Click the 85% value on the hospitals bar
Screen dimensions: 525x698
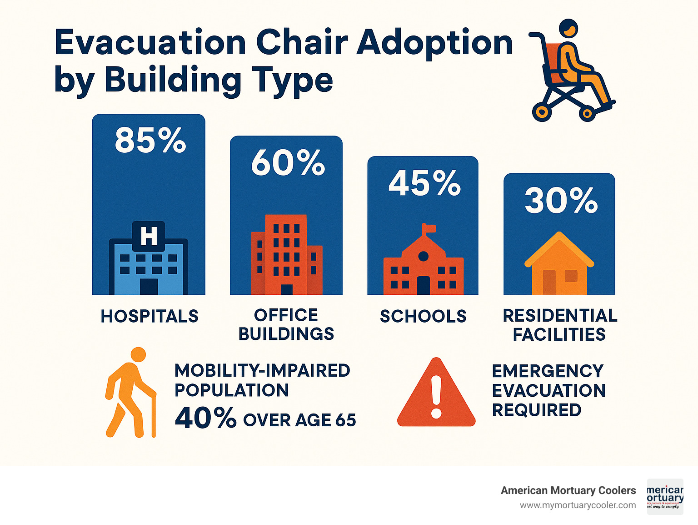pos(150,140)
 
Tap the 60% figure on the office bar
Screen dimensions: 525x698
pos(288,162)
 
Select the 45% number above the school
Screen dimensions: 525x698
pos(424,183)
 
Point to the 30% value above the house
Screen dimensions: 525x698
pos(561,200)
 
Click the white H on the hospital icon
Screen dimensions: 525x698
pos(149,236)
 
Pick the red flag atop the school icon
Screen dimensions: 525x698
pos(429,228)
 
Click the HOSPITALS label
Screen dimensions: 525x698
pos(150,316)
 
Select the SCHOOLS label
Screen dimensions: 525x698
pos(423,316)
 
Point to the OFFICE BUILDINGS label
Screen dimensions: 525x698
pos(286,325)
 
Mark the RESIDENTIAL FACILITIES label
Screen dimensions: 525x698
pos(560,325)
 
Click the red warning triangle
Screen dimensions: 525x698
pos(436,394)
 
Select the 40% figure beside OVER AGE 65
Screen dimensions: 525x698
pos(205,418)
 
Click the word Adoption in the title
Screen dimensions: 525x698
pos(434,43)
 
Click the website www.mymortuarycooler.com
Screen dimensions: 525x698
pos(578,505)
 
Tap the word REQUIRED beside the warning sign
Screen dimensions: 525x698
pos(537,410)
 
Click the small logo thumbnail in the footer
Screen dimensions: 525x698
pos(665,497)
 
